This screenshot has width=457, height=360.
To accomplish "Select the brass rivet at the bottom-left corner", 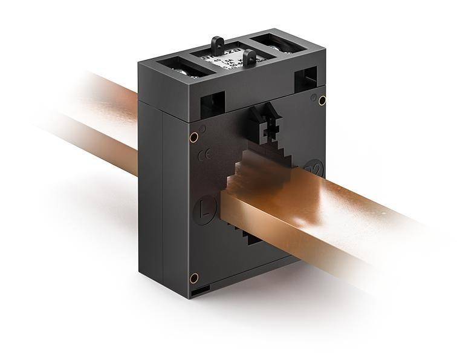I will coord(194,278).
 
